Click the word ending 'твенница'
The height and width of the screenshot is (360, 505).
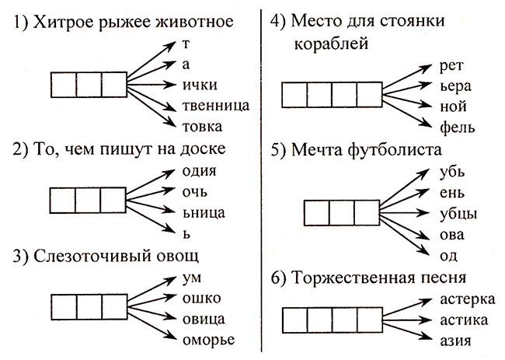tap(216, 106)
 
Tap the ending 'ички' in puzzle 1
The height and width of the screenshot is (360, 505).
tap(200, 85)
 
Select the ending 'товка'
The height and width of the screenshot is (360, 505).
tap(202, 126)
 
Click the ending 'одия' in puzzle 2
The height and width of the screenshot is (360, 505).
tap(199, 171)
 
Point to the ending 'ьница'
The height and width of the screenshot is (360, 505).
tap(204, 213)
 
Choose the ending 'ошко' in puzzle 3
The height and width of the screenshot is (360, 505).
tap(202, 298)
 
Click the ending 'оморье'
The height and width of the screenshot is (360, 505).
tap(208, 341)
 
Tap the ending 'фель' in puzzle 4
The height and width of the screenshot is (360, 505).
tap(457, 127)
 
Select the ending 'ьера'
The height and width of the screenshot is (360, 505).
tap(455, 87)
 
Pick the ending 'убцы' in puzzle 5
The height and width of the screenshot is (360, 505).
tap(458, 214)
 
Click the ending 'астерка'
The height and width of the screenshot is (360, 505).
tap(467, 299)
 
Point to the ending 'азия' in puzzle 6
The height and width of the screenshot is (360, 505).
tap(455, 341)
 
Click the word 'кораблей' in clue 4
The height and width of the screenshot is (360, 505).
tap(331, 44)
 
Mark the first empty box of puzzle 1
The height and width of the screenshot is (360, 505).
tap(64, 85)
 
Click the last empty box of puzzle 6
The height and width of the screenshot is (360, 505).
tap(370, 320)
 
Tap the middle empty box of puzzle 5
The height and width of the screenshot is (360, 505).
tap(342, 213)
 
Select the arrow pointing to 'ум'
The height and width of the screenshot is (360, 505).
tap(151, 289)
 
